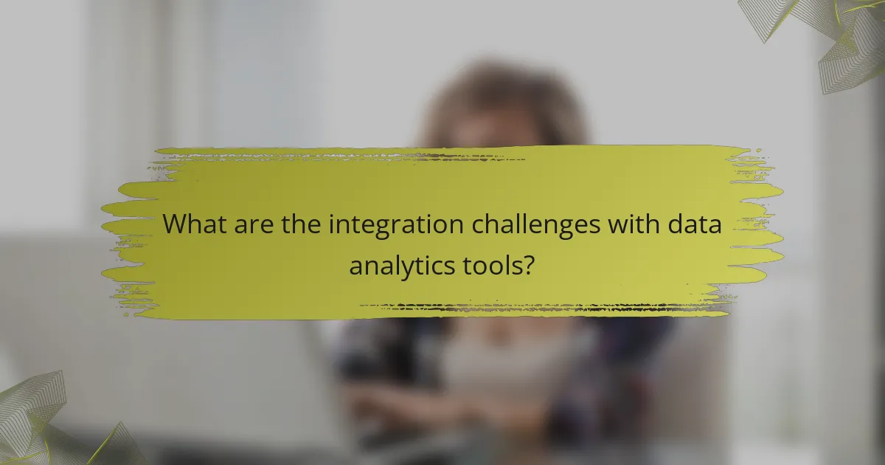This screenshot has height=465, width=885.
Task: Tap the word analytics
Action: [400, 265]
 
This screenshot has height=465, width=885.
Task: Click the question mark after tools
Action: [528, 264]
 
